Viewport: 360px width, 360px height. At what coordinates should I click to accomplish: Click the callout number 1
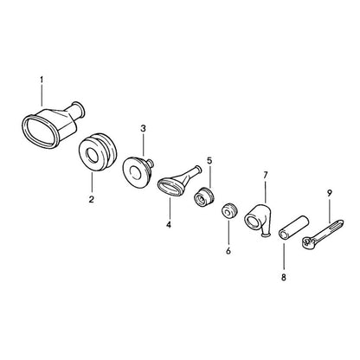tap(42, 80)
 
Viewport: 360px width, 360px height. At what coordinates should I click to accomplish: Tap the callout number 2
tap(92, 199)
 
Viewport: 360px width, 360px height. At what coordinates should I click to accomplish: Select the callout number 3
tap(144, 129)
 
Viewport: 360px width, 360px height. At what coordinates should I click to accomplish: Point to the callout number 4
tap(169, 224)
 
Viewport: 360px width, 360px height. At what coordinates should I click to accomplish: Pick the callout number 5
tap(209, 160)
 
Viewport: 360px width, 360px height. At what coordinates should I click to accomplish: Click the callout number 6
tap(228, 251)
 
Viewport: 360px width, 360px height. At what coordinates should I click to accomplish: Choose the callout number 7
tap(266, 175)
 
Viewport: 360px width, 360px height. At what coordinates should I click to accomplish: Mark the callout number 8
tap(284, 277)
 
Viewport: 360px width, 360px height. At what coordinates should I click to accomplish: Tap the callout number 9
tap(330, 193)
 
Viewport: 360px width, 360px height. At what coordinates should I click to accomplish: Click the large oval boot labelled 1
tap(53, 125)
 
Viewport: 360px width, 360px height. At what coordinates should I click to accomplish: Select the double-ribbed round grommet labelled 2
tap(99, 152)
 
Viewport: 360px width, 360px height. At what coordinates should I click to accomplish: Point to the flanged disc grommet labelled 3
tap(138, 172)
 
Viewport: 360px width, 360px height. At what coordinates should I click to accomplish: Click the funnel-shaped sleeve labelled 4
tap(179, 181)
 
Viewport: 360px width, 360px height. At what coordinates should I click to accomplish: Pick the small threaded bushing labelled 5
tap(203, 196)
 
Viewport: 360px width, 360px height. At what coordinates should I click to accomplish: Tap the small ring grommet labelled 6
tap(230, 211)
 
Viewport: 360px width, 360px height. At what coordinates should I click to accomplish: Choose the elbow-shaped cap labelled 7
tap(258, 220)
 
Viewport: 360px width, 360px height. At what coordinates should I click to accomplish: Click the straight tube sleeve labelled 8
tap(293, 228)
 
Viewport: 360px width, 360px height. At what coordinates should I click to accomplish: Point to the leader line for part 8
tap(284, 256)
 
